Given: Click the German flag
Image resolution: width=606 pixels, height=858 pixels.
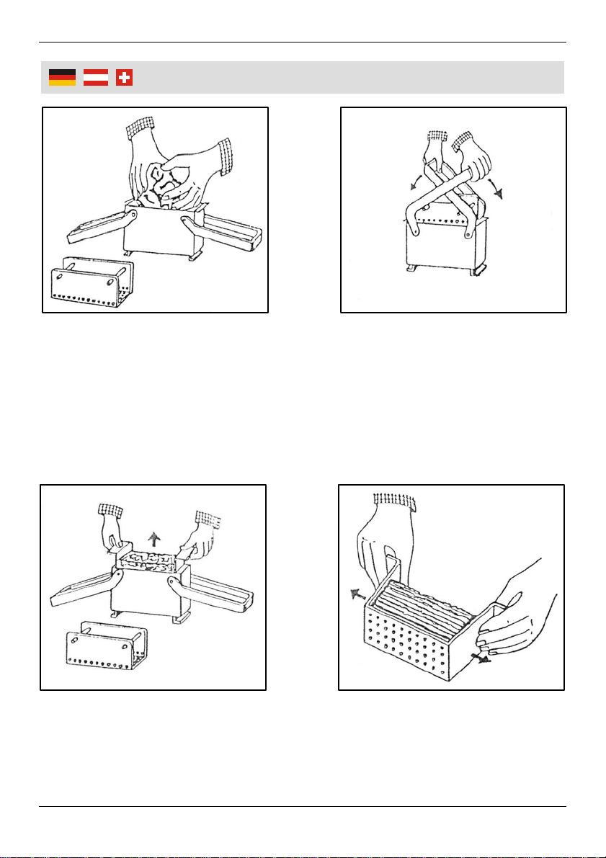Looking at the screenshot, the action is pos(62,78).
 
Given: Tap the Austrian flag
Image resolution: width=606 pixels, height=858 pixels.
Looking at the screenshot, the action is pos(96,78).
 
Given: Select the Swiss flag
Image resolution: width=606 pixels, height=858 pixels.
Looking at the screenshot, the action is pos(125,78).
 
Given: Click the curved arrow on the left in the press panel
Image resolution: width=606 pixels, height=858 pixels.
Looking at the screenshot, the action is pos(416,181).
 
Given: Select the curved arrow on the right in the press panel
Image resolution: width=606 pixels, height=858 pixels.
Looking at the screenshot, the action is pos(497,189).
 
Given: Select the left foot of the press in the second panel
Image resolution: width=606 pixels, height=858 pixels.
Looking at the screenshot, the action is pos(411,269).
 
